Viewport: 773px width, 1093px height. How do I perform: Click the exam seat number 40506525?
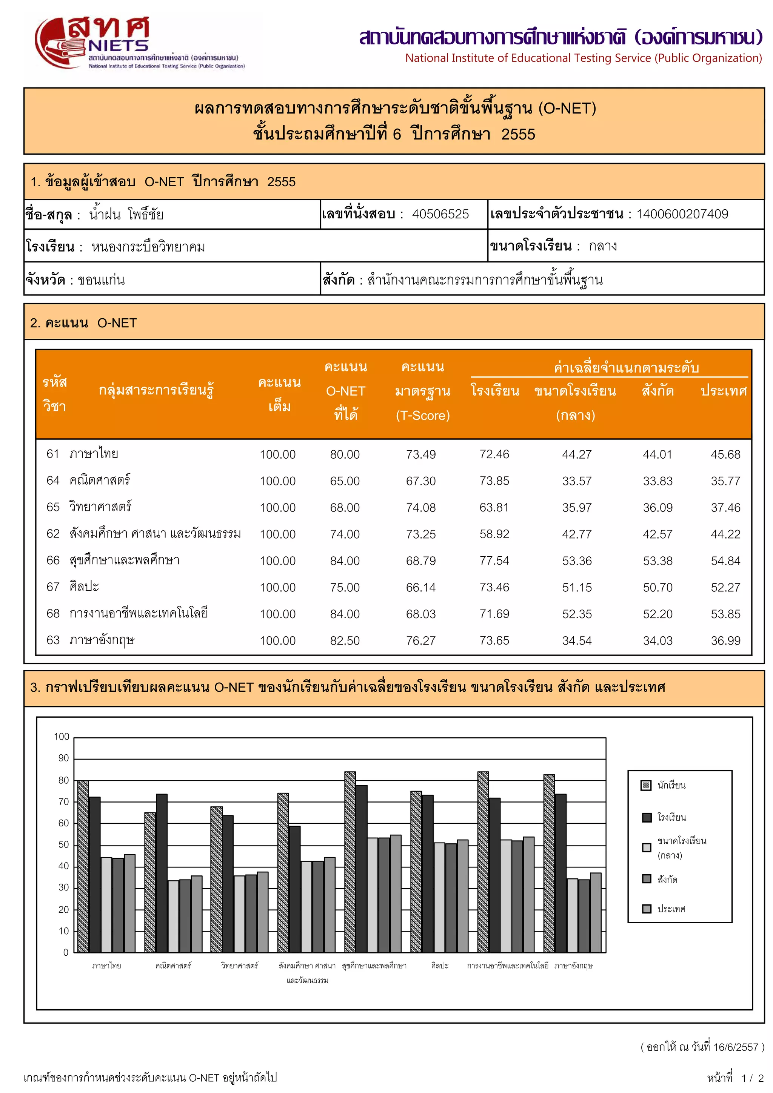tap(440, 214)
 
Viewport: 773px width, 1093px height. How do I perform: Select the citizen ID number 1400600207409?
tap(682, 214)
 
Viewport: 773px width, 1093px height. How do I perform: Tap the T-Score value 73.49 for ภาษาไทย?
tap(420, 454)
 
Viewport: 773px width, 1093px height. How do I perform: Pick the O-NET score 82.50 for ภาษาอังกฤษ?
tap(345, 641)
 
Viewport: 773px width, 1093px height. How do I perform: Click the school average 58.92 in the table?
tap(494, 534)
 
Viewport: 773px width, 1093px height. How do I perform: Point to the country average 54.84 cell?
tap(725, 561)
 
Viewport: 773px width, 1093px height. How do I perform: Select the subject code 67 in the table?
tap(53, 587)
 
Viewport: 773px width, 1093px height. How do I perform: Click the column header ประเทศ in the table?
tap(724, 391)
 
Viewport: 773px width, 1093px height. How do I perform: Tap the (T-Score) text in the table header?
tap(422, 416)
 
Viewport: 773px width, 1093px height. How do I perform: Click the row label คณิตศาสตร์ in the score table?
tap(100, 480)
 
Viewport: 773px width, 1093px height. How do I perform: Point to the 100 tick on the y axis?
tap(62, 737)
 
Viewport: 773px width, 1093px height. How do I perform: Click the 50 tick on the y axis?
tap(64, 844)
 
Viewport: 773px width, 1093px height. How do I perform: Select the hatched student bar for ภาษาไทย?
tap(83, 866)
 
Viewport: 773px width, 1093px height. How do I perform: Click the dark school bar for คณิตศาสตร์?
tap(162, 873)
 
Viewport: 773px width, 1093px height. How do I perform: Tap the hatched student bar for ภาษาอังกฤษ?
tap(549, 864)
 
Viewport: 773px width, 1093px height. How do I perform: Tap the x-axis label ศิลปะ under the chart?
tap(440, 966)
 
